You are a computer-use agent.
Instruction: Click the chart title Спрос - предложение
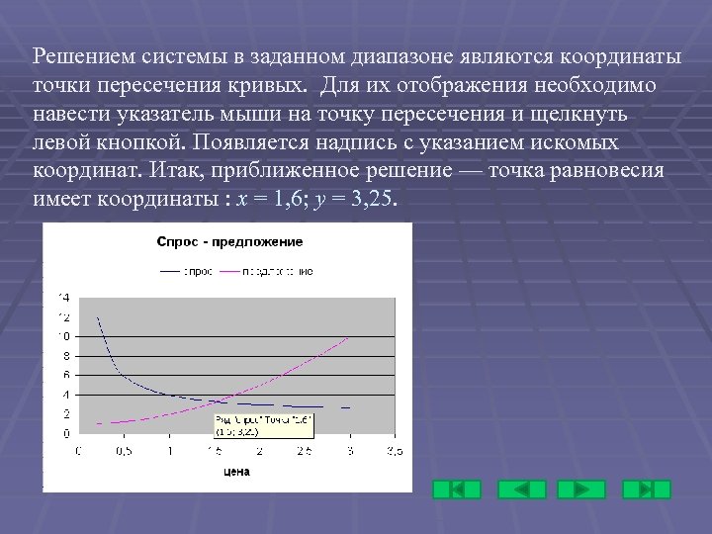[x=229, y=241]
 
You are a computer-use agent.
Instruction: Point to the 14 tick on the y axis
[x=64, y=297]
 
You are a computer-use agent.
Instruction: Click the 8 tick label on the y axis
[x=66, y=356]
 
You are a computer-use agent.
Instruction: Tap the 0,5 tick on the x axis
[x=124, y=451]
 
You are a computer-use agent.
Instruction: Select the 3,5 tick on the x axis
[x=395, y=451]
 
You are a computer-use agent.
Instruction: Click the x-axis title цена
[x=236, y=472]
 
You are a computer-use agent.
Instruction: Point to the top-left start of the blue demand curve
[x=97, y=317]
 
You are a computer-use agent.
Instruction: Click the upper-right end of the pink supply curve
[x=348, y=337]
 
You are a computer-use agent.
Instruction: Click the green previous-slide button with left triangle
[x=521, y=489]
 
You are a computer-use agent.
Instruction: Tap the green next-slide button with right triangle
[x=581, y=489]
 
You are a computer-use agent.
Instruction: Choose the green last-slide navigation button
[x=647, y=489]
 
